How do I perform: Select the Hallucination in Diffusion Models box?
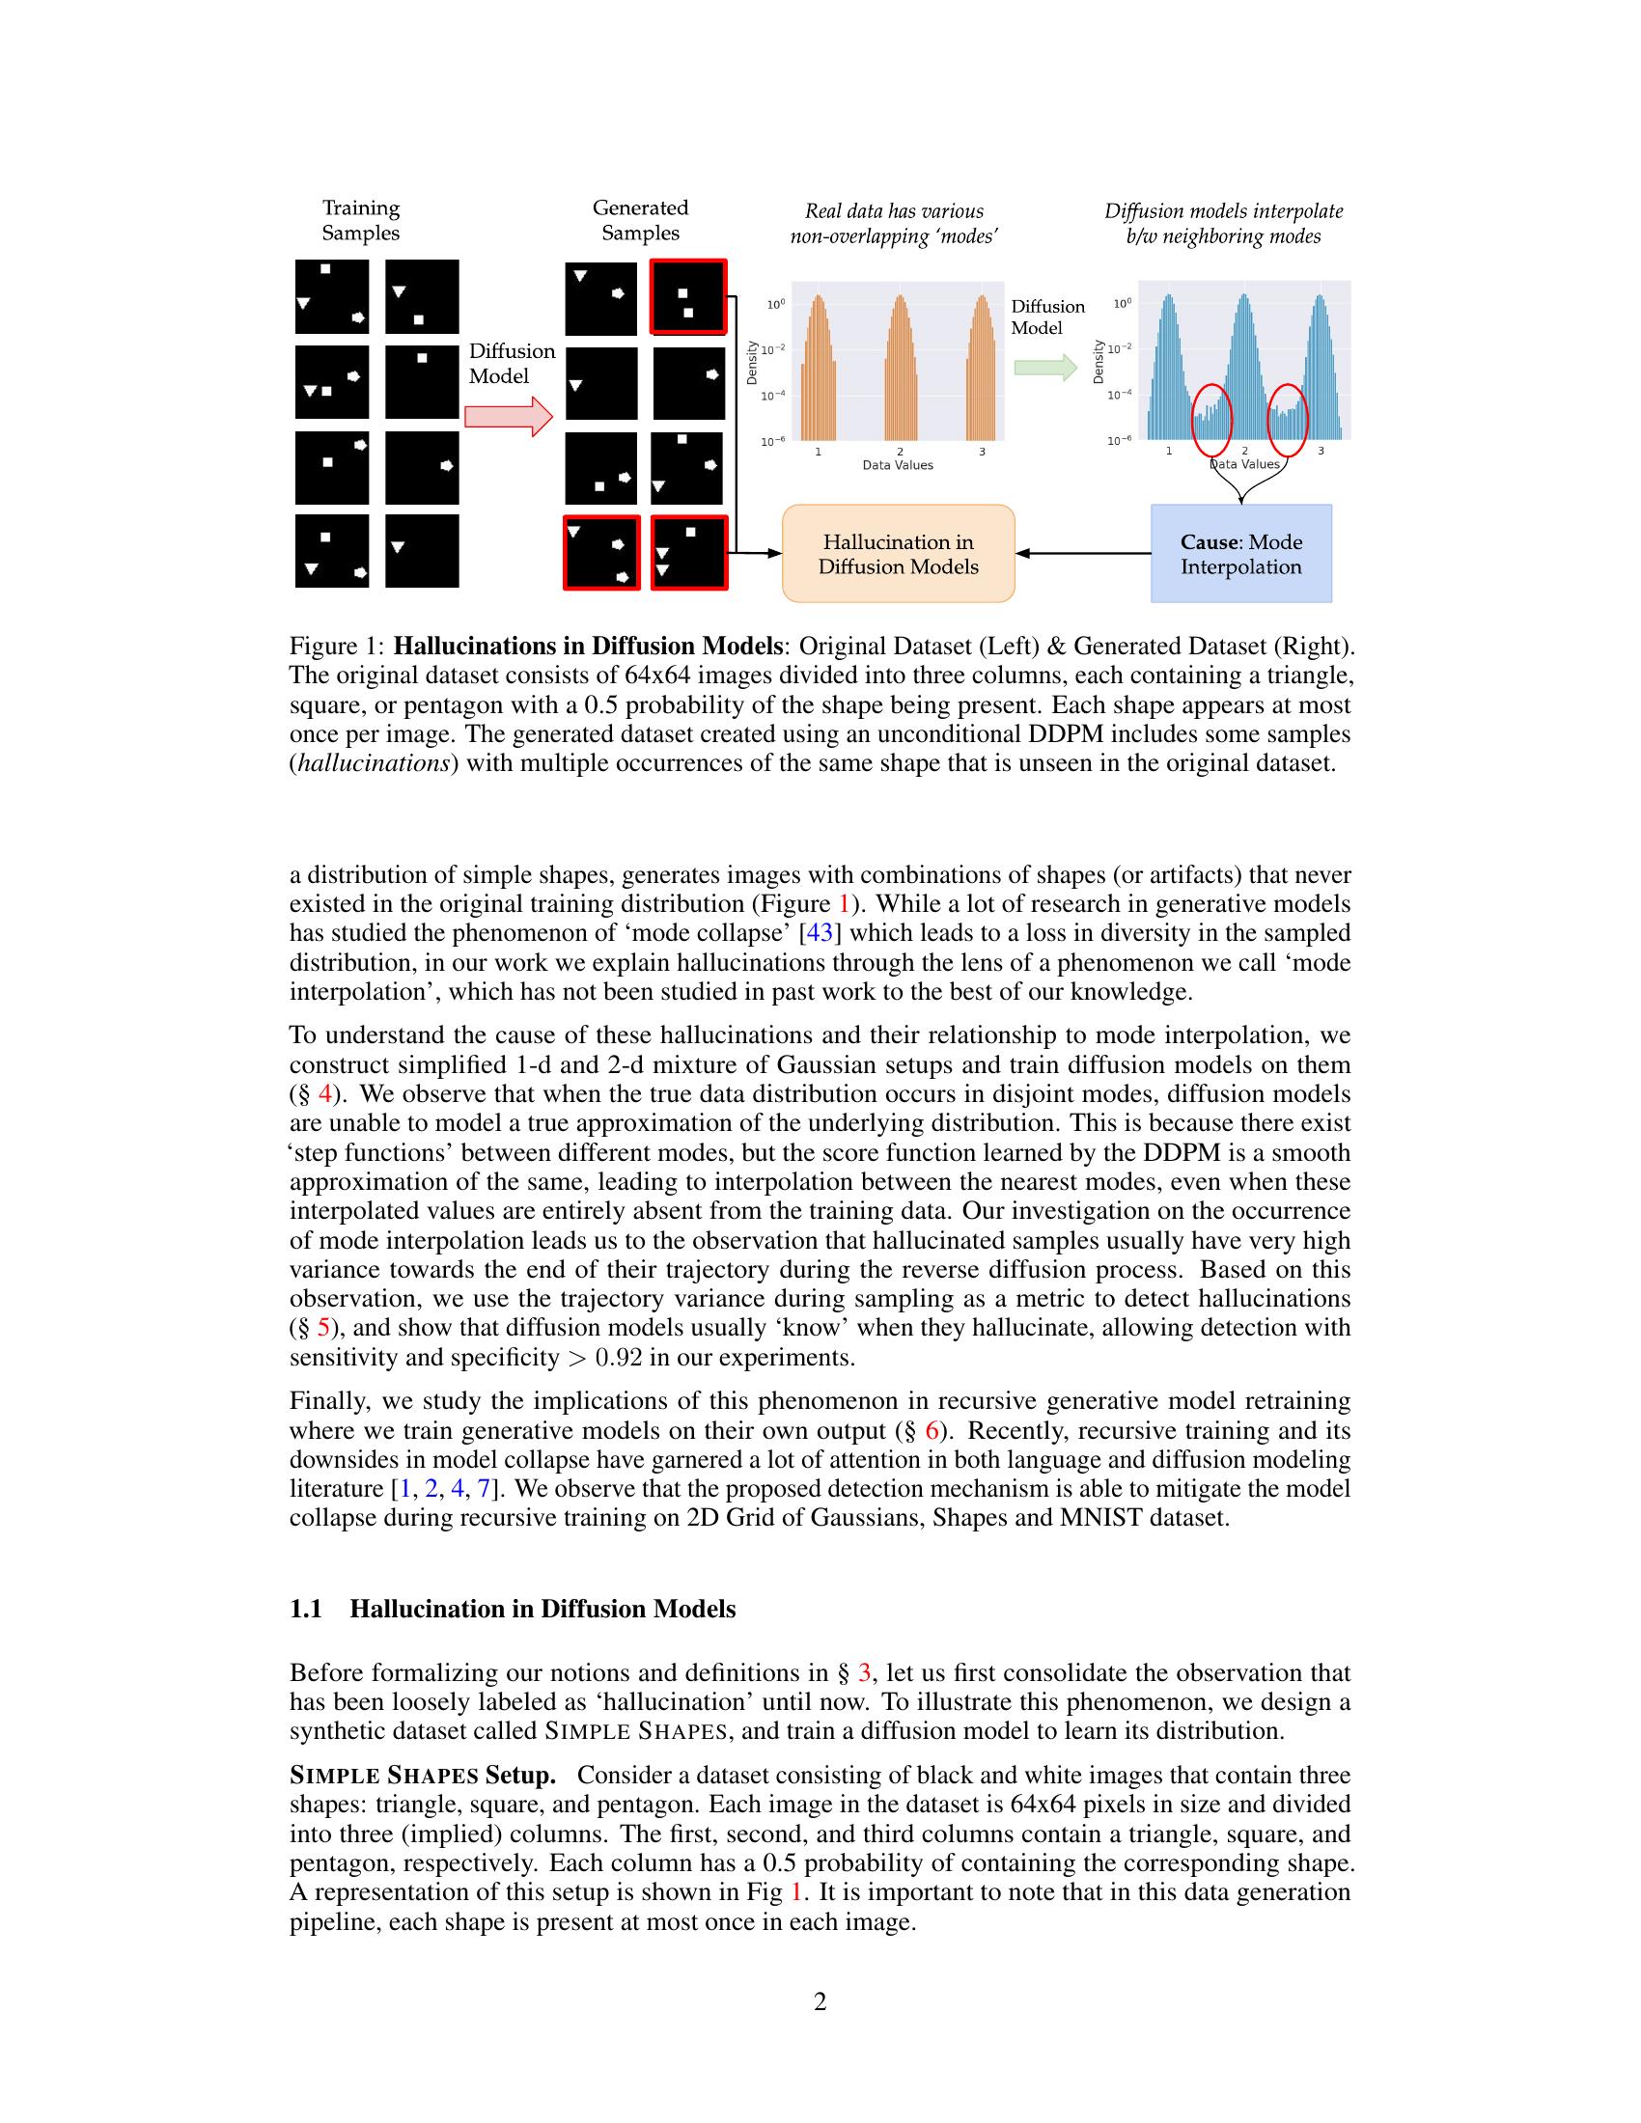click(899, 554)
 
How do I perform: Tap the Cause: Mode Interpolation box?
click(1240, 554)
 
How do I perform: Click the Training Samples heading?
click(361, 220)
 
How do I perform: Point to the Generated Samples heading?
click(640, 220)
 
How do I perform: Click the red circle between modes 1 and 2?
click(1211, 419)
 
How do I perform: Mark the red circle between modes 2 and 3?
click(1288, 419)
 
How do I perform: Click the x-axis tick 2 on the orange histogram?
click(900, 452)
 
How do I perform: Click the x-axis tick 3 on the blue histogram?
click(1321, 451)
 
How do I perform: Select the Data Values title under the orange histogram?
click(898, 466)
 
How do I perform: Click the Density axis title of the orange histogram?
click(751, 362)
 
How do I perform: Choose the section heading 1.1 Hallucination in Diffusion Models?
click(513, 1609)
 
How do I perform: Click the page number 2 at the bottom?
click(820, 2002)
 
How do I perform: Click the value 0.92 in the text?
click(619, 1358)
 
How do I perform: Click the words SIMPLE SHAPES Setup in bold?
click(423, 1776)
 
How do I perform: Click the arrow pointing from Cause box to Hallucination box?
click(1083, 554)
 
